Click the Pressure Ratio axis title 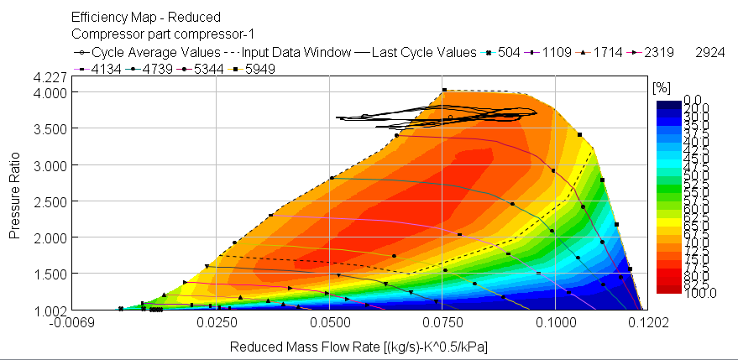[14, 196]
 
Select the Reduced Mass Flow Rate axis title [359, 346]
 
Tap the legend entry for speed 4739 [147, 69]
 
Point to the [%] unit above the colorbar [661, 87]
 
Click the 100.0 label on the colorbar [676, 292]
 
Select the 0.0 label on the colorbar [676, 100]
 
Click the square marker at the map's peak [444, 90]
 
